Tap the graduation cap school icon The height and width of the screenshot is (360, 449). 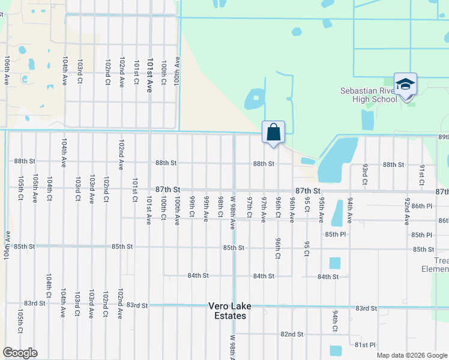click(405, 85)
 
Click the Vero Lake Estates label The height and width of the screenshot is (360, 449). click(229, 311)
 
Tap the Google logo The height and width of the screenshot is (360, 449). click(20, 353)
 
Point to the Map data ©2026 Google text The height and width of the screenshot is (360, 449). click(411, 355)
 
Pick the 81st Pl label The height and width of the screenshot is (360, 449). click(364, 345)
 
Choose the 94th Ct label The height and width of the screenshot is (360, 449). click(335, 321)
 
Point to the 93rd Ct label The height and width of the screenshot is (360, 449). click(364, 174)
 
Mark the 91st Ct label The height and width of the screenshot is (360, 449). click(421, 174)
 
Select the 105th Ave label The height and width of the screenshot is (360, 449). click(35, 188)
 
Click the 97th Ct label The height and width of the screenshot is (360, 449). click(249, 207)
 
